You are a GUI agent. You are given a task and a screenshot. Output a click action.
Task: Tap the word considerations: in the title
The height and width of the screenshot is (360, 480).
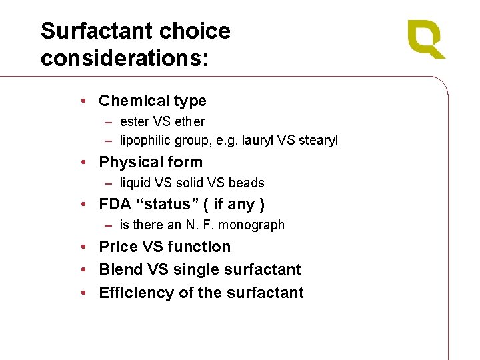click(125, 58)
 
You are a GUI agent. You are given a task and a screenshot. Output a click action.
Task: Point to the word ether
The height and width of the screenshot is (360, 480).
click(189, 121)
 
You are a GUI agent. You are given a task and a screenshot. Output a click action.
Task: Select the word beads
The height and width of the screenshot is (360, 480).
click(246, 183)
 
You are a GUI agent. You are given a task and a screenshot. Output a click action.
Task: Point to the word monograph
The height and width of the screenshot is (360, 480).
click(252, 225)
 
